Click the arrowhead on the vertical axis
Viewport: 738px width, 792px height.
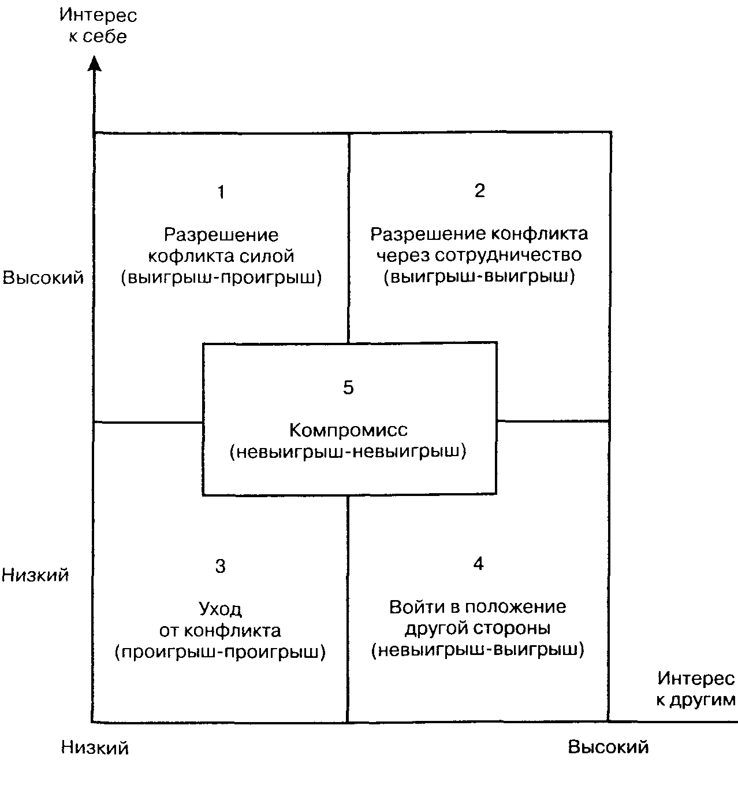(95, 64)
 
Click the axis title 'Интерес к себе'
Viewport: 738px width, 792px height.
(98, 26)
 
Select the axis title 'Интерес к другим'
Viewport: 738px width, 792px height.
(696, 689)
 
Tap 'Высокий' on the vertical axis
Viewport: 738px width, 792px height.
(43, 277)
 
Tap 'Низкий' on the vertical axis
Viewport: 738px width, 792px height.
(35, 575)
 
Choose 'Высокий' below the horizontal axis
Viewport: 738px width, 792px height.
(609, 747)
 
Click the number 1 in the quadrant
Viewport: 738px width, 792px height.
(221, 192)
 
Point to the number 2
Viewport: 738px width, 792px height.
(480, 191)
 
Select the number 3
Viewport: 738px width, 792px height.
(221, 566)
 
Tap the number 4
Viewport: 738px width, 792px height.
(478, 564)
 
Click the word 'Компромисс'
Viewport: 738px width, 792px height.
(348, 430)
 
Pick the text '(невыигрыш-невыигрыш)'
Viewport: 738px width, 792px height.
(348, 451)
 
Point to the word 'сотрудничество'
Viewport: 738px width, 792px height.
(508, 255)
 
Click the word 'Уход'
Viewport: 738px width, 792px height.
(221, 609)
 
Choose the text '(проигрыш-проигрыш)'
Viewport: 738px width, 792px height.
(221, 652)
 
